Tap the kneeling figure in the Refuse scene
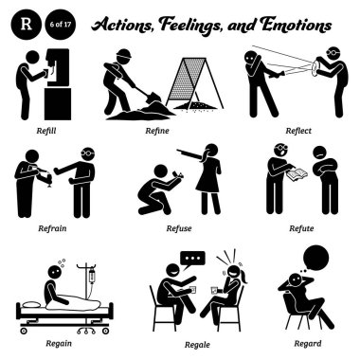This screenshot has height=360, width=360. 152,190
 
